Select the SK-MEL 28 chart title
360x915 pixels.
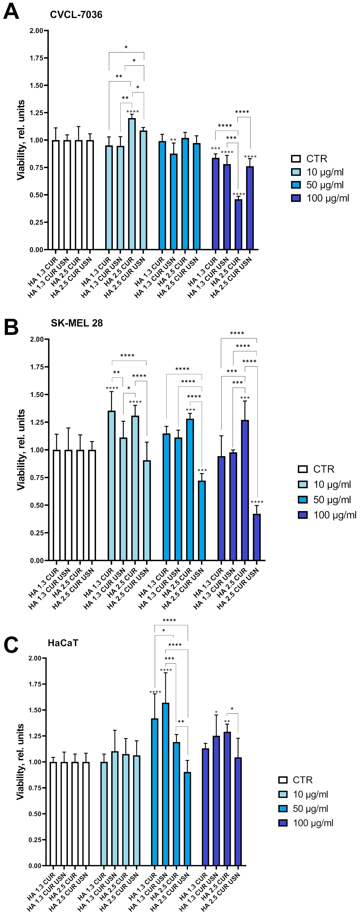coord(77,323)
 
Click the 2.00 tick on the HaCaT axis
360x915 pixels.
coord(36,658)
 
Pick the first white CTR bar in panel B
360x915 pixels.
coord(57,505)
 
